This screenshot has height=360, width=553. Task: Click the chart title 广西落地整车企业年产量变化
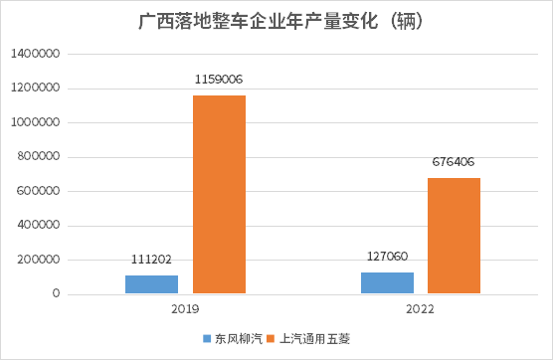[x=276, y=22]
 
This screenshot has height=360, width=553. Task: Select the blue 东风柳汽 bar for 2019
[x=151, y=284]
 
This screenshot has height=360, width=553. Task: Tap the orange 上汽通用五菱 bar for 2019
[x=219, y=194]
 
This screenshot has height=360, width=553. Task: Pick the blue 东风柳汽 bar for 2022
[x=387, y=282]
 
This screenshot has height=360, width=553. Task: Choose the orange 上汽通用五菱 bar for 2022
[x=455, y=236]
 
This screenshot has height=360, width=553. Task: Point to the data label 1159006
[x=219, y=79]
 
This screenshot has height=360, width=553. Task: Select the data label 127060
[x=387, y=256]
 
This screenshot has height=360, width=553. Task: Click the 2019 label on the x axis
[x=185, y=310]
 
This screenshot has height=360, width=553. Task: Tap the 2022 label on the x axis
[x=421, y=310]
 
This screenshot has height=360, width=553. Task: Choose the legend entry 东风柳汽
[x=232, y=338]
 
